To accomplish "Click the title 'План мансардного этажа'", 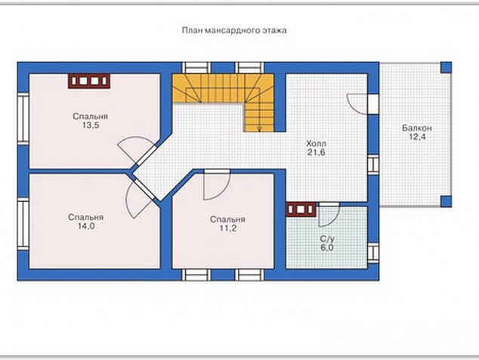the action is (x=234, y=30).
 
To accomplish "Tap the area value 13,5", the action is (x=91, y=126).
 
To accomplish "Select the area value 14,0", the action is (x=86, y=226).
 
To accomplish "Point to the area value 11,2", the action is (x=227, y=228).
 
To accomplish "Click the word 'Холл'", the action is (x=316, y=144).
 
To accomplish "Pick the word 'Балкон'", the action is (x=417, y=128).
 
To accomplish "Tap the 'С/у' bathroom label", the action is (x=326, y=239).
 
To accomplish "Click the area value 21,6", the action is (x=316, y=152).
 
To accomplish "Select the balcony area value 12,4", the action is (x=417, y=137).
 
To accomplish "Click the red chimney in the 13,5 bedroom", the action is (x=88, y=82).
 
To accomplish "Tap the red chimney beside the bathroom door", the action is (x=301, y=209).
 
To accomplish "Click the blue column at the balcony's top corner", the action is (x=446, y=67).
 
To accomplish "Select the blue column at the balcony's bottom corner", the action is (x=446, y=201).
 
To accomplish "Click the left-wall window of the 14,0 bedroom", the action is (x=23, y=224).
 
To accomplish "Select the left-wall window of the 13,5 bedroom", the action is (x=23, y=119).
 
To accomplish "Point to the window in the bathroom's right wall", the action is (x=373, y=253).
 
